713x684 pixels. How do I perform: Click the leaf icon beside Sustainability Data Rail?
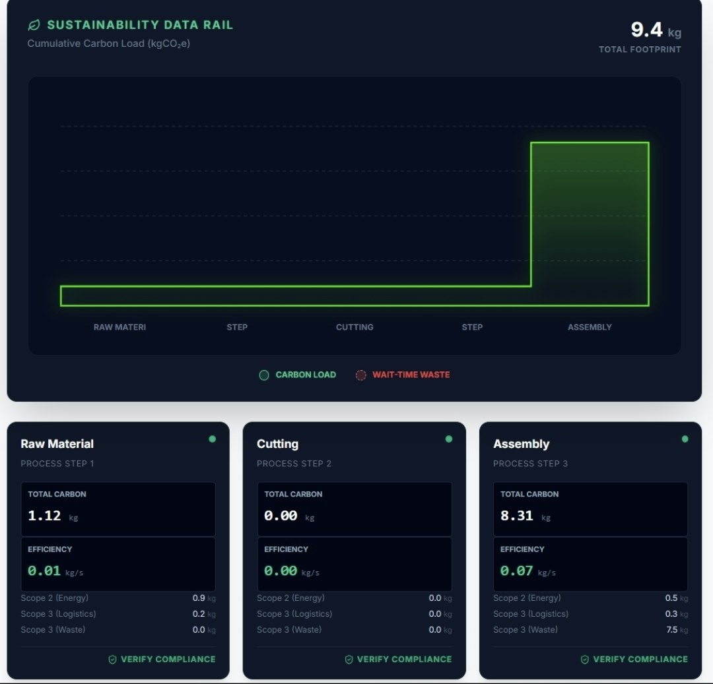(x=33, y=25)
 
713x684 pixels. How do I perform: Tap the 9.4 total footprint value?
(x=647, y=30)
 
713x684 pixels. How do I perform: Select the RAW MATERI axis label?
(x=119, y=327)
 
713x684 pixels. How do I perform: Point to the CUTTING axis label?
(x=355, y=327)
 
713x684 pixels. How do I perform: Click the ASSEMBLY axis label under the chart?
(x=590, y=327)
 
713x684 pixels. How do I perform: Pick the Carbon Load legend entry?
(x=298, y=375)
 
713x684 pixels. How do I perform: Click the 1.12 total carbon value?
(x=44, y=516)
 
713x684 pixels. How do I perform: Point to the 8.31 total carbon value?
(x=516, y=516)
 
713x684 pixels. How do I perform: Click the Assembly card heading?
(x=521, y=444)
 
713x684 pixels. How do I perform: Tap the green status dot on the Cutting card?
(x=449, y=439)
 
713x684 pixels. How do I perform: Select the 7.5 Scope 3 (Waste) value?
(x=672, y=630)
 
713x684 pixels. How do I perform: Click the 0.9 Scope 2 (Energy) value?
(x=199, y=598)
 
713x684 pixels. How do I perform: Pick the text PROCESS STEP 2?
(x=294, y=464)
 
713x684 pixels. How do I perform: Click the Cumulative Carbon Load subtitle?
(x=109, y=44)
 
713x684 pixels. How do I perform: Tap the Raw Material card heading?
(x=57, y=444)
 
